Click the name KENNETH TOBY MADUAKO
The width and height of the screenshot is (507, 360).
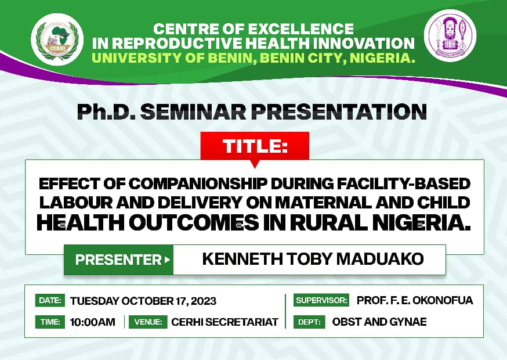313,260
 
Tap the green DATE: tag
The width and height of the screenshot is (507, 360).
50,301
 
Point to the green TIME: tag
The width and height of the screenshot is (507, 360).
50,322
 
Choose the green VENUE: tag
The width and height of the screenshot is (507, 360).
148,322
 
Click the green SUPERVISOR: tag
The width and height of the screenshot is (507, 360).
321,301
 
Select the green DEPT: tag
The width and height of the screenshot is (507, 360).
309,322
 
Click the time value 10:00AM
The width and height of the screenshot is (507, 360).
93,322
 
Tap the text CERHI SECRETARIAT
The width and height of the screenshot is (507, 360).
224,322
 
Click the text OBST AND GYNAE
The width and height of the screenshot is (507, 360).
379,322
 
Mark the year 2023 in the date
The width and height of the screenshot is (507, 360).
202,301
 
